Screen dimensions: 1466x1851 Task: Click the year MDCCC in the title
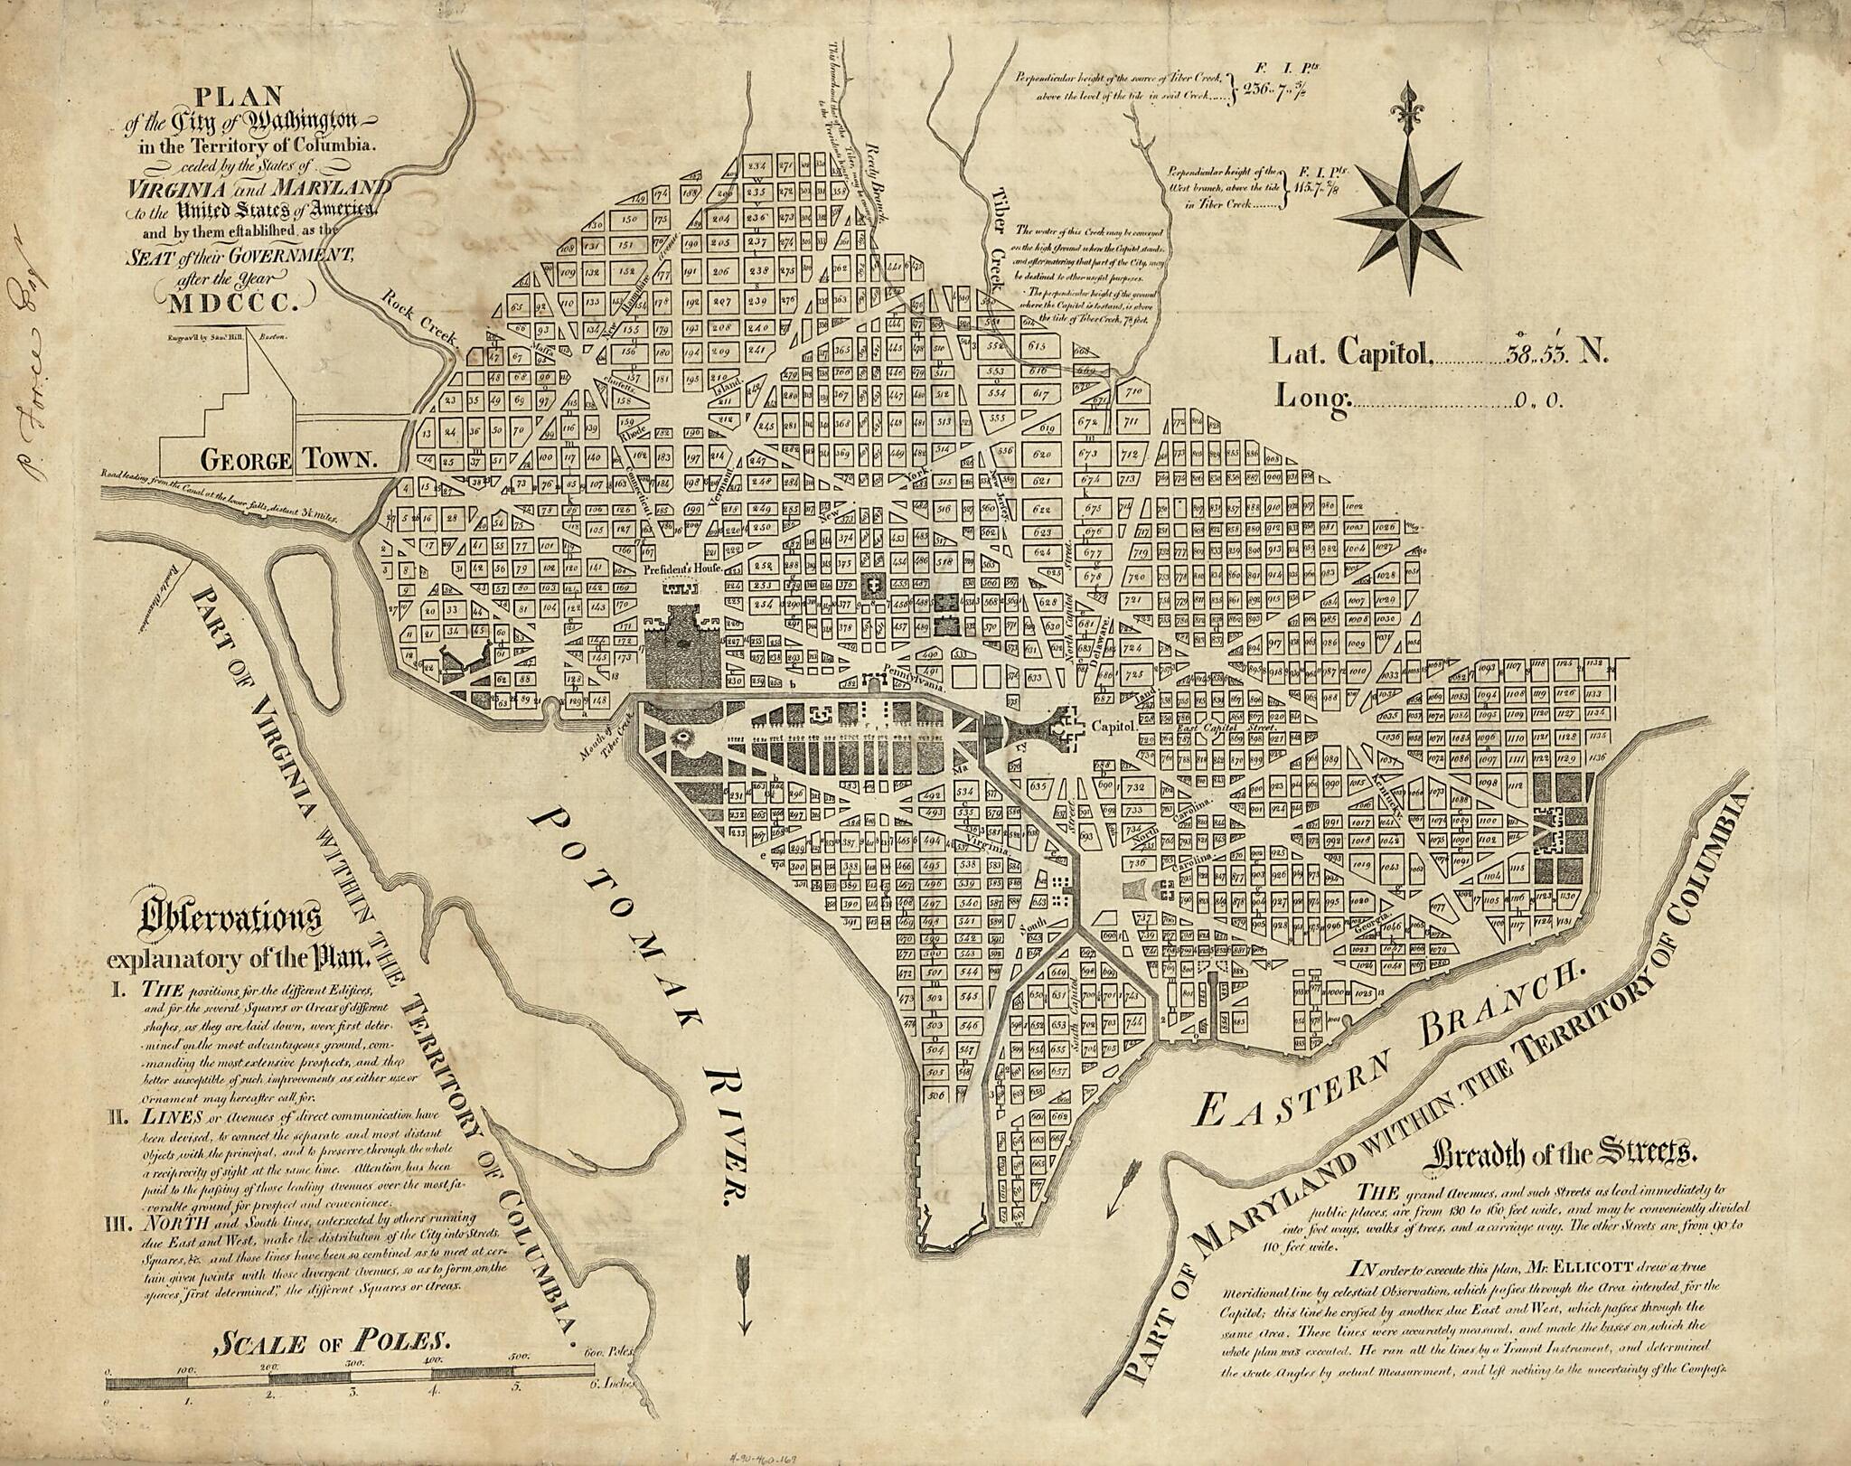pos(240,303)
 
